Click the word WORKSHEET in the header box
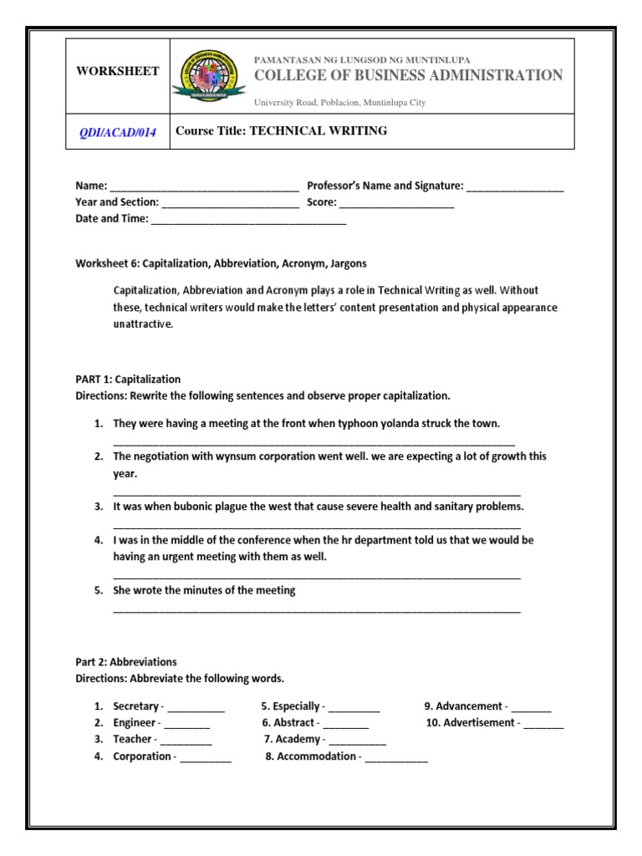[x=118, y=72]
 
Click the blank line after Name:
[x=204, y=187]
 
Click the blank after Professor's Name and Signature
[x=515, y=187]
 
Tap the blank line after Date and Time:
[x=248, y=220]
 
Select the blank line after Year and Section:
[x=230, y=203]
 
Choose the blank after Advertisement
[x=544, y=724]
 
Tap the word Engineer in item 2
[x=135, y=723]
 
